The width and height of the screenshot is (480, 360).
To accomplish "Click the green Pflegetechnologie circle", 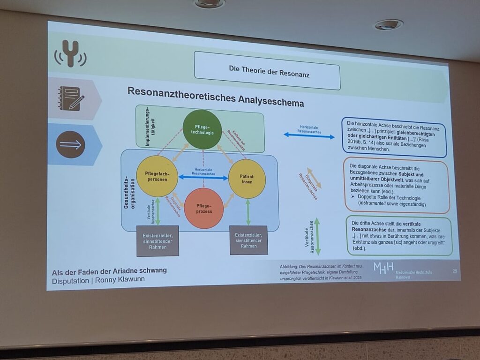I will point(202,129).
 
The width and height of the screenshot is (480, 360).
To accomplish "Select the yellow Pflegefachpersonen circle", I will point(157,176).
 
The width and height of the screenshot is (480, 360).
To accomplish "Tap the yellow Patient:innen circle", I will point(247,179).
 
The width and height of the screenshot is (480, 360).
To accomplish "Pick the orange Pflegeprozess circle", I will point(203,208).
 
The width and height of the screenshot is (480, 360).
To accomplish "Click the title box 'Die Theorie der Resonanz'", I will point(267,70).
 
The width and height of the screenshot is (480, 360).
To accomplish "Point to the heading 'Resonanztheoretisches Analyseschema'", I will point(215,96).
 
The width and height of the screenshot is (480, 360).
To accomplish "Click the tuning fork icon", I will point(71,52).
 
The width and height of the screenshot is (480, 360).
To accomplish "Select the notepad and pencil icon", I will point(70,98).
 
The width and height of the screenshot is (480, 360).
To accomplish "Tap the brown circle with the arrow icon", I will point(71,144).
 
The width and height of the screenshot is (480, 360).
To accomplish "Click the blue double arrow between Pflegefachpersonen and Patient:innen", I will point(203,178).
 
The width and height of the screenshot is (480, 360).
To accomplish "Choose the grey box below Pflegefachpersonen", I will point(157,241).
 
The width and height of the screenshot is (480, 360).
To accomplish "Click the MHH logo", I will point(383,268).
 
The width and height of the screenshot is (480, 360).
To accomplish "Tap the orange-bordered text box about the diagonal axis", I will point(396,185).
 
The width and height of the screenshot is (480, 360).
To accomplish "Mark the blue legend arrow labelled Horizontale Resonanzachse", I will point(309,136).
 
